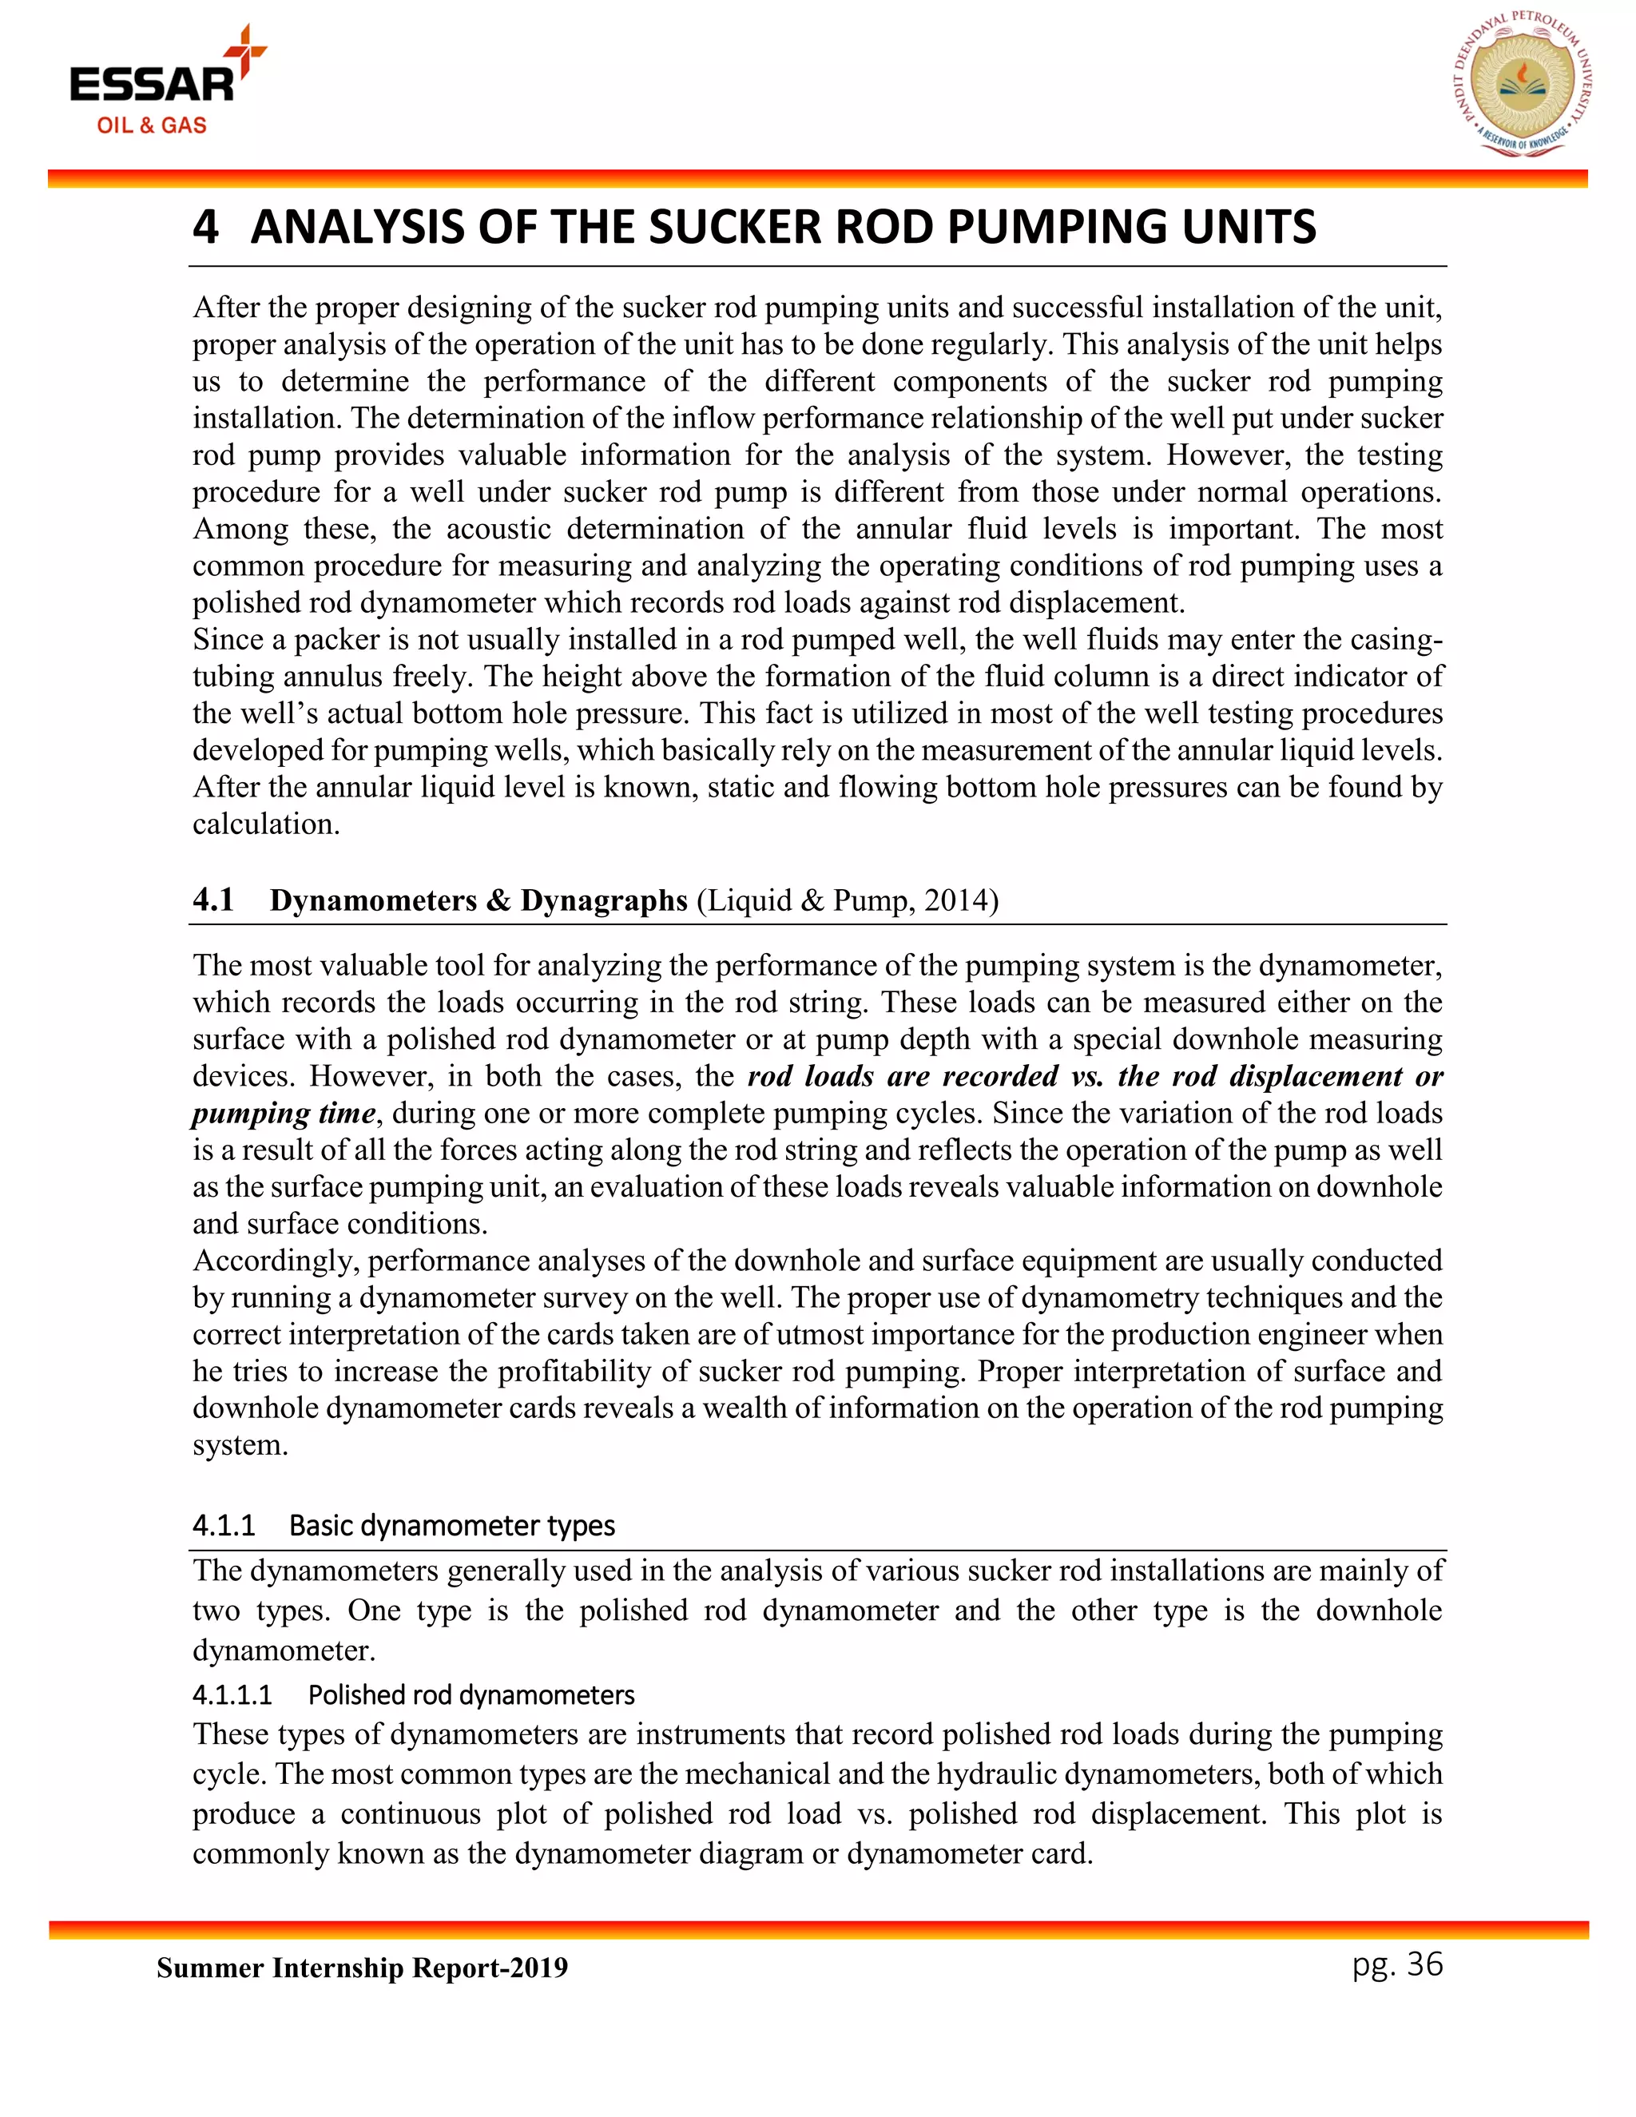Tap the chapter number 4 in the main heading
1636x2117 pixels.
(x=204, y=227)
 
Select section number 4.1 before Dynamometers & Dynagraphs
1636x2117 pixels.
(x=213, y=900)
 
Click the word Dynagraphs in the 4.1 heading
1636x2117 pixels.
(x=604, y=900)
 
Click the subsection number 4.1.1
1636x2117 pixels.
(x=223, y=1526)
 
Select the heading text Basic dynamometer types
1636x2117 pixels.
(x=451, y=1526)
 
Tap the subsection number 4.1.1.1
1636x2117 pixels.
(x=232, y=1695)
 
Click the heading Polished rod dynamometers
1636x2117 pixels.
(x=471, y=1695)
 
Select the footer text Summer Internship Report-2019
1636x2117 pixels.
(x=362, y=1968)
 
